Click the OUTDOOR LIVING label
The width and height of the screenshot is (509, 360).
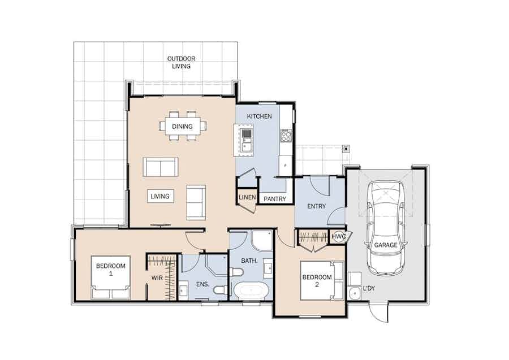click(181, 62)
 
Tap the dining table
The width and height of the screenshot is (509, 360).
click(182, 126)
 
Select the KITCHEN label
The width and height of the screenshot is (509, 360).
click(260, 116)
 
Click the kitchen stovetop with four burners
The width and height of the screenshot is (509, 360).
click(286, 135)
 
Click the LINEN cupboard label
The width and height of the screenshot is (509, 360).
click(247, 197)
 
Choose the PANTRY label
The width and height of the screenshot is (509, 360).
click(275, 199)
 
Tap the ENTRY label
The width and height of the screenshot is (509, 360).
click(316, 206)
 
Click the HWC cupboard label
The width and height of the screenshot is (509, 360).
click(339, 236)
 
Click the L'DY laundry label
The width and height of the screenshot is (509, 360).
click(369, 288)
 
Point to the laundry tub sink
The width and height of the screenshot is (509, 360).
click(354, 293)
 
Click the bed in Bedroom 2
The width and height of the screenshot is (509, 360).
click(322, 280)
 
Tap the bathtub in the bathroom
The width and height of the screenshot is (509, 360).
click(251, 290)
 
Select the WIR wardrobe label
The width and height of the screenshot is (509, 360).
click(157, 278)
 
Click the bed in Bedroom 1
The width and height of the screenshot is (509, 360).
click(111, 277)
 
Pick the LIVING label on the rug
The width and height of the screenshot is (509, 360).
click(160, 196)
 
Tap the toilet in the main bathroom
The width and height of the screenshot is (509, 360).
click(236, 272)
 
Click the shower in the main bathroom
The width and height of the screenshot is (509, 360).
click(262, 241)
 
